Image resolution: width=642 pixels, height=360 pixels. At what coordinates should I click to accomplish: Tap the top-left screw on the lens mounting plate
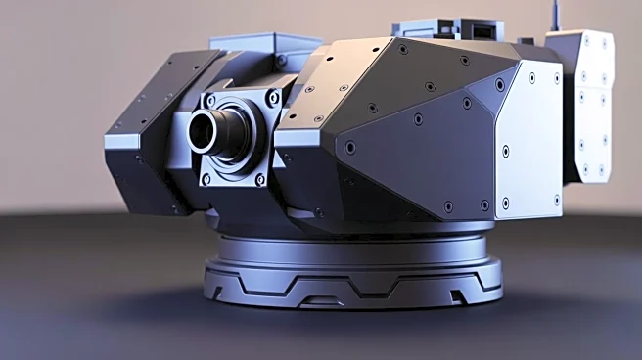[x=208, y=98]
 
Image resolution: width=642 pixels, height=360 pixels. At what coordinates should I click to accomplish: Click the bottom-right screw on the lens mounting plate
[x=260, y=179]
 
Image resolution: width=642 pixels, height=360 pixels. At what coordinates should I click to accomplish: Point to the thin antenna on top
[x=555, y=15]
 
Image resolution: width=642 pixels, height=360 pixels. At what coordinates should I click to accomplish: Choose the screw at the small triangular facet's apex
[x=466, y=103]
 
